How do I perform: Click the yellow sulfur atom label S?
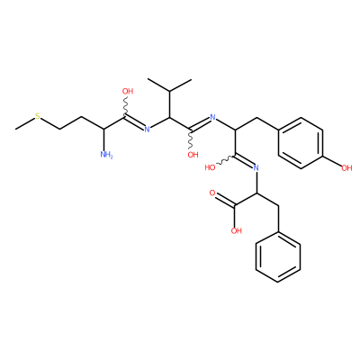[x=38, y=116]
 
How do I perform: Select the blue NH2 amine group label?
[x=106, y=155]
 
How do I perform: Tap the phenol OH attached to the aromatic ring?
[x=346, y=168]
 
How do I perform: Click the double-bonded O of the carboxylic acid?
[x=212, y=193]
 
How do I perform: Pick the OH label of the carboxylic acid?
[x=237, y=230]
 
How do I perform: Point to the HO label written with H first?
[x=210, y=167]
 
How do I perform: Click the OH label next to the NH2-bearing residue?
[x=128, y=91]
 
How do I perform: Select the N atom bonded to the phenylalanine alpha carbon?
[x=256, y=167]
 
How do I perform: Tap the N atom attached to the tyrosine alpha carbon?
[x=213, y=117]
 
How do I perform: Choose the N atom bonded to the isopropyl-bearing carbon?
[x=147, y=130]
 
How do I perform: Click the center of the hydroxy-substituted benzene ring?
[x=301, y=142]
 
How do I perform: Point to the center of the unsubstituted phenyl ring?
[x=278, y=256]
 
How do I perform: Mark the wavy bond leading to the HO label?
[x=227, y=160]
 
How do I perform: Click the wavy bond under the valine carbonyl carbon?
[x=191, y=139]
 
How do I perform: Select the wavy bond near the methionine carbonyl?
[x=126, y=106]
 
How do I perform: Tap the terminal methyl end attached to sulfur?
[x=16, y=130]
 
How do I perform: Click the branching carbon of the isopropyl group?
[x=169, y=91]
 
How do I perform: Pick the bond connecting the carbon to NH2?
[x=103, y=139]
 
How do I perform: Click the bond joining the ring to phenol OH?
[x=332, y=160]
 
